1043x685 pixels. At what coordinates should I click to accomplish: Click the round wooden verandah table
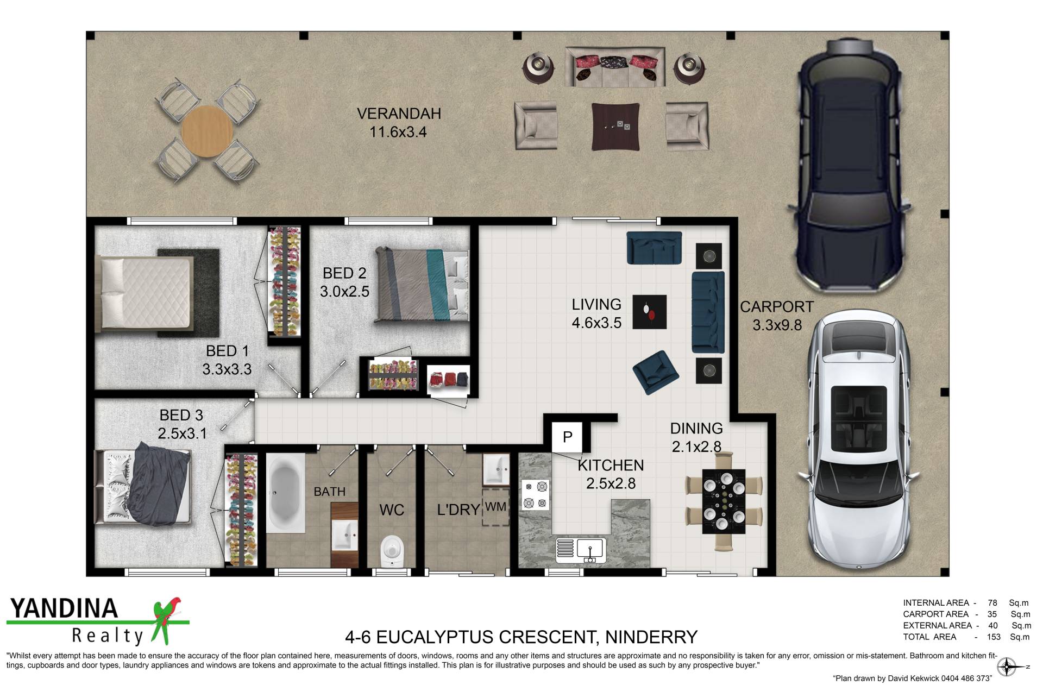207,131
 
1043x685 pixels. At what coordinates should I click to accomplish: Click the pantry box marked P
567,437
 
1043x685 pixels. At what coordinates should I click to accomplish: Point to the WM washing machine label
495,507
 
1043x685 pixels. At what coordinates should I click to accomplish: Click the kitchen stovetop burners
535,495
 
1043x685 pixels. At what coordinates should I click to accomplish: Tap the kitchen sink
589,550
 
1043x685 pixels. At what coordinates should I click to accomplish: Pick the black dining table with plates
724,501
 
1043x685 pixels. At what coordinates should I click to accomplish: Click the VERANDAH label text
399,114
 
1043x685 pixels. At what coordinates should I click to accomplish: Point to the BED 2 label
344,273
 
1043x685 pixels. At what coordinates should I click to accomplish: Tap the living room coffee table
650,312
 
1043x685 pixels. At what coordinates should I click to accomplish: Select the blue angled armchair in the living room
656,372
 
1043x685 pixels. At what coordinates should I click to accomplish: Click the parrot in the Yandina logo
166,620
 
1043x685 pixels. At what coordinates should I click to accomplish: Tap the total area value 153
994,637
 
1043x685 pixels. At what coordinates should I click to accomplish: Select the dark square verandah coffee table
615,127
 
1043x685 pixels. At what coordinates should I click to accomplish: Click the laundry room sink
496,469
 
